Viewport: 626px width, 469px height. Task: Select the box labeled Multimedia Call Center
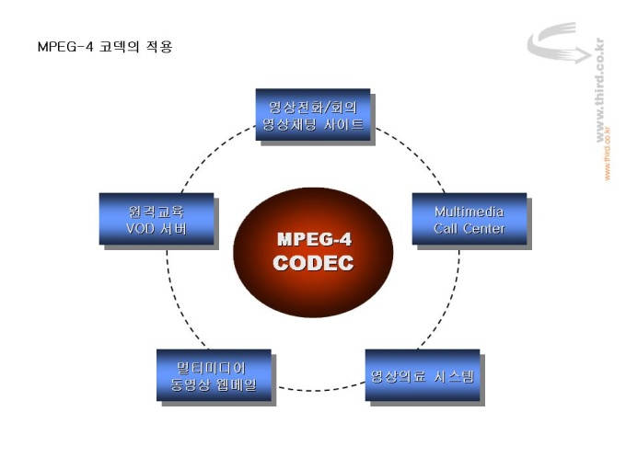tap(469, 219)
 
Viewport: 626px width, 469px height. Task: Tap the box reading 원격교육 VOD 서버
tap(156, 219)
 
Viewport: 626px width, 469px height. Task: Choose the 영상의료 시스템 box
tap(423, 375)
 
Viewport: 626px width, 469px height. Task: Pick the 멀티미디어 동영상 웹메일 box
tap(213, 375)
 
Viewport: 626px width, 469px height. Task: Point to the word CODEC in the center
tap(313, 262)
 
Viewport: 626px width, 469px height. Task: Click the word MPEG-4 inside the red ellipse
tap(313, 239)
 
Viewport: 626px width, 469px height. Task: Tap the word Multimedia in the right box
tap(469, 211)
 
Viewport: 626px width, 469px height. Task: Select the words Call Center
tap(469, 228)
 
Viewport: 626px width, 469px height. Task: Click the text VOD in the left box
tap(141, 228)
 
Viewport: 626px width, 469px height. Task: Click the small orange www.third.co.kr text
tap(608, 154)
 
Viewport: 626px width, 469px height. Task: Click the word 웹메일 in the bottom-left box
tap(244, 384)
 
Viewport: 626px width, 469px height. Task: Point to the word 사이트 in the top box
tap(345, 123)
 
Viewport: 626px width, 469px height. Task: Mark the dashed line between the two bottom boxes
tap(319, 389)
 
